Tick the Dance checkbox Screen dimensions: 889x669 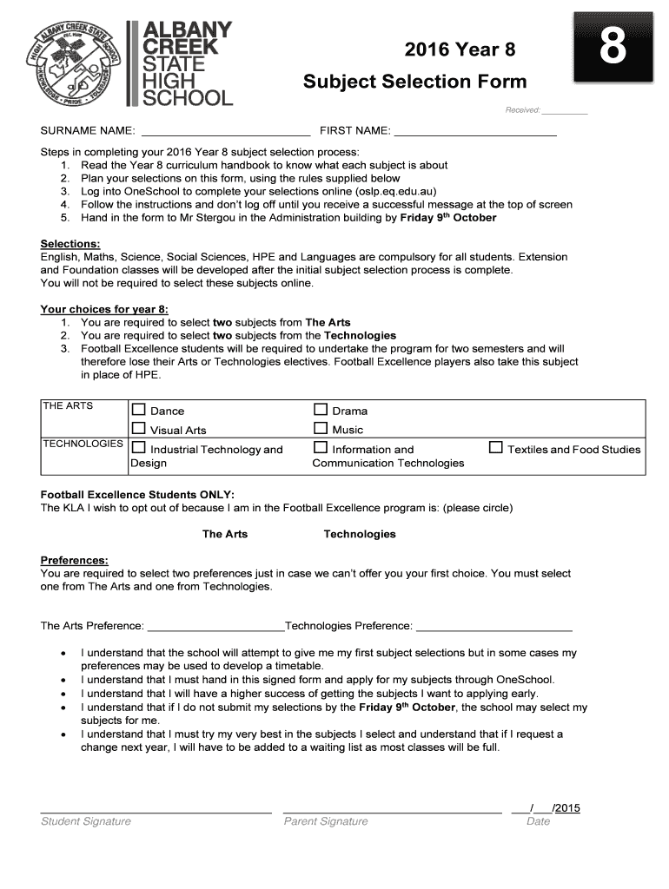click(x=138, y=410)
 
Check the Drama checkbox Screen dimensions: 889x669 click(x=321, y=410)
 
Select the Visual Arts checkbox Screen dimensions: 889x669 click(x=138, y=428)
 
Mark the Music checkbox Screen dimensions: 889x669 click(x=321, y=428)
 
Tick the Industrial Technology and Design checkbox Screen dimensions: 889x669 click(x=138, y=448)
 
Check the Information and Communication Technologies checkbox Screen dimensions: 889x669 click(x=321, y=448)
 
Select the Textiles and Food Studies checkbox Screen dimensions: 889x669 click(x=496, y=448)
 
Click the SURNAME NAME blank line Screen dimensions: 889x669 click(x=225, y=132)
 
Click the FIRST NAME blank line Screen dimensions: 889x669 click(x=475, y=132)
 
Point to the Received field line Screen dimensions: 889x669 click(x=565, y=111)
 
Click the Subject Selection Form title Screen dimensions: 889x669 click(x=414, y=82)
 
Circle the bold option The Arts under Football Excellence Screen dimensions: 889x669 click(x=225, y=534)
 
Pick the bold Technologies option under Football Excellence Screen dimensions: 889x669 click(x=360, y=534)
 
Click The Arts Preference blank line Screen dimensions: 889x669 click(x=217, y=626)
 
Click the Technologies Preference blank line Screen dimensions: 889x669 click(x=494, y=626)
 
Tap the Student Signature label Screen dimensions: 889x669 click(x=86, y=821)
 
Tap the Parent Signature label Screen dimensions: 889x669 click(x=325, y=821)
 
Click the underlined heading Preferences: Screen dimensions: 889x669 click(x=75, y=560)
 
